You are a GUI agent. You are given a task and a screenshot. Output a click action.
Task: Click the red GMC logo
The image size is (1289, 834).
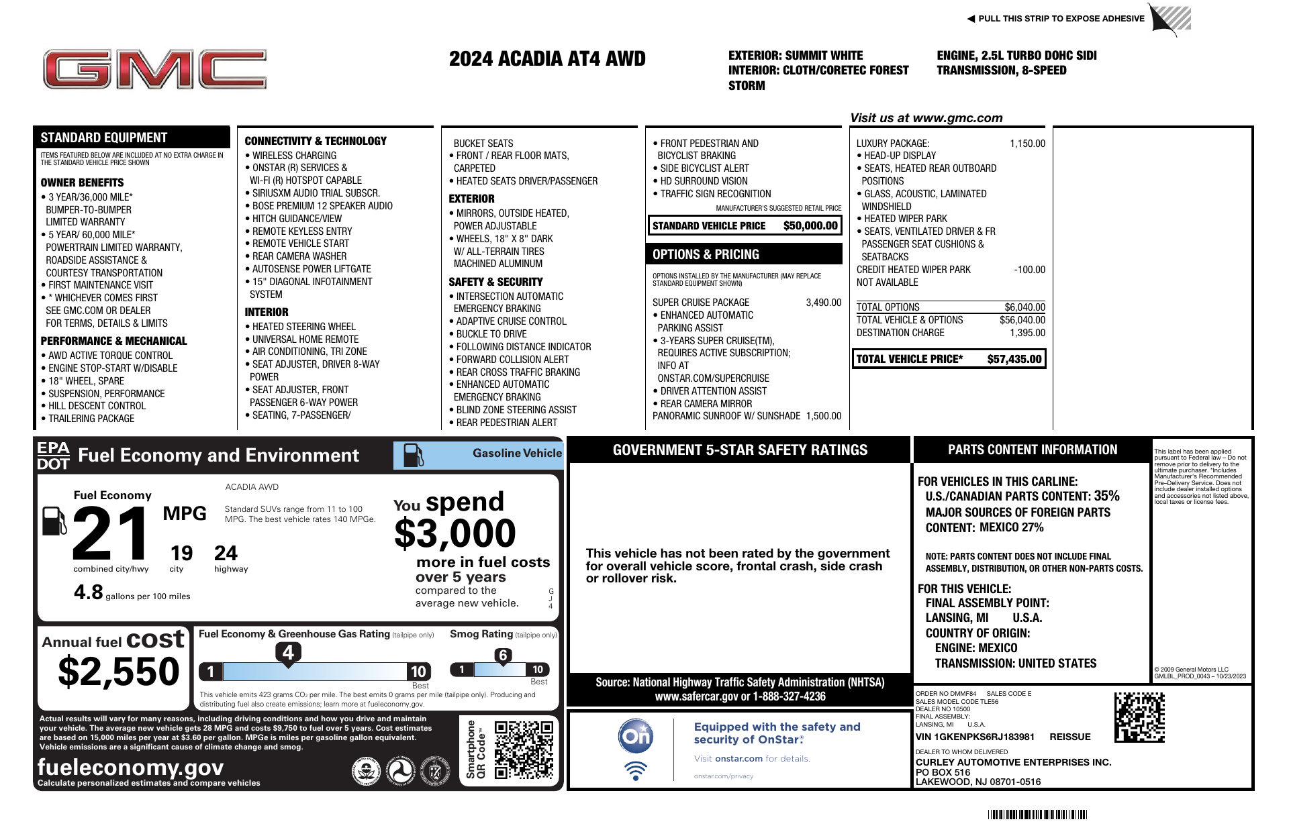tap(154, 69)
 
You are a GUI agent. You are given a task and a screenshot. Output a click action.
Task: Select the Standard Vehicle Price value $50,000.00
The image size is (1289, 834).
tap(810, 226)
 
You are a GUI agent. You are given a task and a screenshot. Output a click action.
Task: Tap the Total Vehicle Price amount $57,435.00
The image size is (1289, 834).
tap(1014, 360)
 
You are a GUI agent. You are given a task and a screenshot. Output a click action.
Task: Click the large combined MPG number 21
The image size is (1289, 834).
tap(111, 534)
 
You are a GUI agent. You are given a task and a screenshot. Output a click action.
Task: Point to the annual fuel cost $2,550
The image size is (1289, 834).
tap(119, 672)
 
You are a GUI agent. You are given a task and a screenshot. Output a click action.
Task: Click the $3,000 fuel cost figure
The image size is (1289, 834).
tap(455, 534)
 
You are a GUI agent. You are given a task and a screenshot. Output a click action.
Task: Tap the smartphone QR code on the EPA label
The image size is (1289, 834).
tap(524, 749)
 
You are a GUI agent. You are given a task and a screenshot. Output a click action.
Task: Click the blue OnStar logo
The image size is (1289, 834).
tap(635, 737)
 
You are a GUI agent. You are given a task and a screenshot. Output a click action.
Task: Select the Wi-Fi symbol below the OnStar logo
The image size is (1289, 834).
tap(635, 770)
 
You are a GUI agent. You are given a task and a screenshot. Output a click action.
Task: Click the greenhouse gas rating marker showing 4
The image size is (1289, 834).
tap(288, 652)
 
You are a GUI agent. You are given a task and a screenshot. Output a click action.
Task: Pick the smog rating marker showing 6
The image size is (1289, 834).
tap(503, 656)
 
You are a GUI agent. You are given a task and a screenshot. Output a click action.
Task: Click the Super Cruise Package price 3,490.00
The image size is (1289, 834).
tap(823, 303)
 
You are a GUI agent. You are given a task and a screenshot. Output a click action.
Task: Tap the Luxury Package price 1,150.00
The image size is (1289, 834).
tap(1027, 144)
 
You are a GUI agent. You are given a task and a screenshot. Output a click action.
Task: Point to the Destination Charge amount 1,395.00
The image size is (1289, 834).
tap(1027, 333)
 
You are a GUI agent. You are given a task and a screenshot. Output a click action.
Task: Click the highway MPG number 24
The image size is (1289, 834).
tap(226, 554)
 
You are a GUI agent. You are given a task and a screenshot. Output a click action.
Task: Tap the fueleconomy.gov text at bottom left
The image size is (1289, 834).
tap(130, 767)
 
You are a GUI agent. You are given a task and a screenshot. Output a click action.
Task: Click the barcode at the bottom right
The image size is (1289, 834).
tap(1037, 815)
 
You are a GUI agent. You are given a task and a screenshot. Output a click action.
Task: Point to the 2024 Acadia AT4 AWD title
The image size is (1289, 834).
tap(547, 59)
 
